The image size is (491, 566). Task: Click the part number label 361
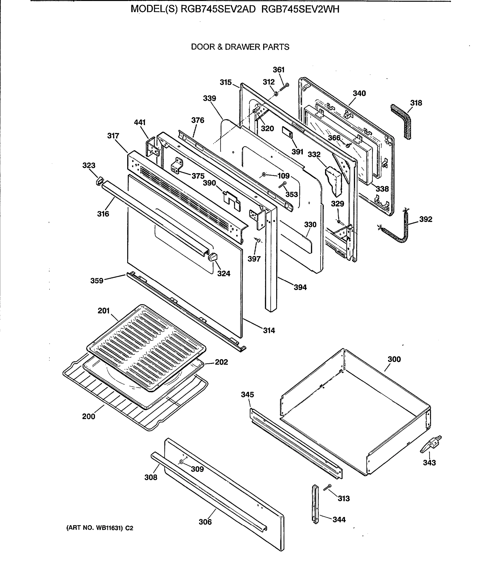[279, 70]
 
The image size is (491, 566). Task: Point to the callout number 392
[426, 219]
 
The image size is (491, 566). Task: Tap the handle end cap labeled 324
[213, 257]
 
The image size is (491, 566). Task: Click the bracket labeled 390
[232, 201]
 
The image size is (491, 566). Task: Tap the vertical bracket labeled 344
[316, 504]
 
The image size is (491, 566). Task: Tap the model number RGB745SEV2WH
[300, 10]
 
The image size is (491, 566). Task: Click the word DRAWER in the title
[242, 47]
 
